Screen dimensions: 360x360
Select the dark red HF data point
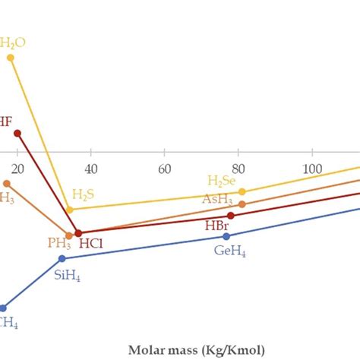17,133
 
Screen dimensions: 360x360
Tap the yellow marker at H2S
69,209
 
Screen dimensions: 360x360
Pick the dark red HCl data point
77,232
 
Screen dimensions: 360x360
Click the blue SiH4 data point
63,259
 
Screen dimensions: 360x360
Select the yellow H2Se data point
242,191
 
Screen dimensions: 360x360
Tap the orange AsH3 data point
242,204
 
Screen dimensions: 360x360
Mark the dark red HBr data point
231,216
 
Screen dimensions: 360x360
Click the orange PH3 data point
69,235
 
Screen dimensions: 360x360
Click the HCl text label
91,244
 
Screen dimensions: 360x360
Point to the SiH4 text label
67,275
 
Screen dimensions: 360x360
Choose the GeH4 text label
229,251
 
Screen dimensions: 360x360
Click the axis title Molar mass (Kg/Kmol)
196,349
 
